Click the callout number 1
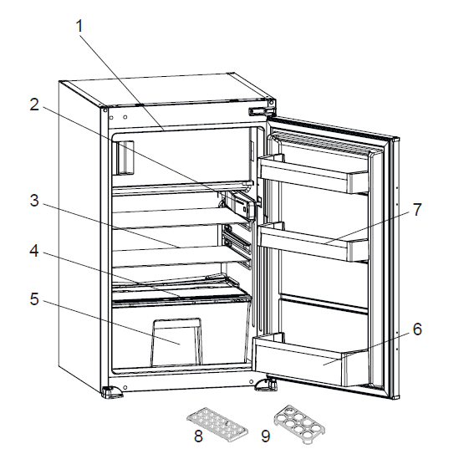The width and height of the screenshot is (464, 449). (79, 27)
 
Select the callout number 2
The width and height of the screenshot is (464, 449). (34, 105)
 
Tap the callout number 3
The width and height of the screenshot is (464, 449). (34, 202)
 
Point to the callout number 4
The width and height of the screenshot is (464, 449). (34, 249)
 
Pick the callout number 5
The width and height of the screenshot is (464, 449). (34, 298)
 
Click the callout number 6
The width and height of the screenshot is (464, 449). (416, 329)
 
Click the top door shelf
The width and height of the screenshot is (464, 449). (314, 171)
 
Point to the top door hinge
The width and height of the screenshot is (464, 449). (261, 110)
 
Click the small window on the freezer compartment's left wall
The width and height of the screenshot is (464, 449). (125, 157)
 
